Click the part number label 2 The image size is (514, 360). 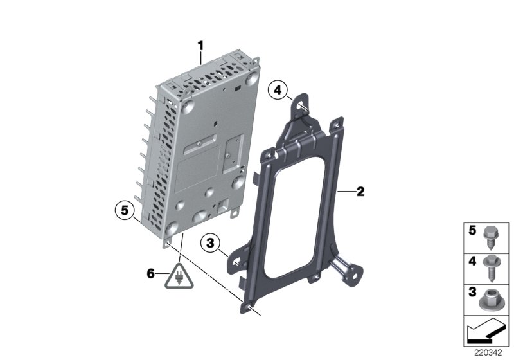pyautogui.click(x=360, y=191)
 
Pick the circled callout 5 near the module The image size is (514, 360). pyautogui.click(x=125, y=209)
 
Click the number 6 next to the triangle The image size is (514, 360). pyautogui.click(x=152, y=273)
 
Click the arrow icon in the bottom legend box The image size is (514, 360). pyautogui.click(x=487, y=330)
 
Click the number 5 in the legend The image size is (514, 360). pyautogui.click(x=471, y=230)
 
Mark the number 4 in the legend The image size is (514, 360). pyautogui.click(x=471, y=261)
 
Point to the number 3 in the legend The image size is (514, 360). pyautogui.click(x=471, y=292)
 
